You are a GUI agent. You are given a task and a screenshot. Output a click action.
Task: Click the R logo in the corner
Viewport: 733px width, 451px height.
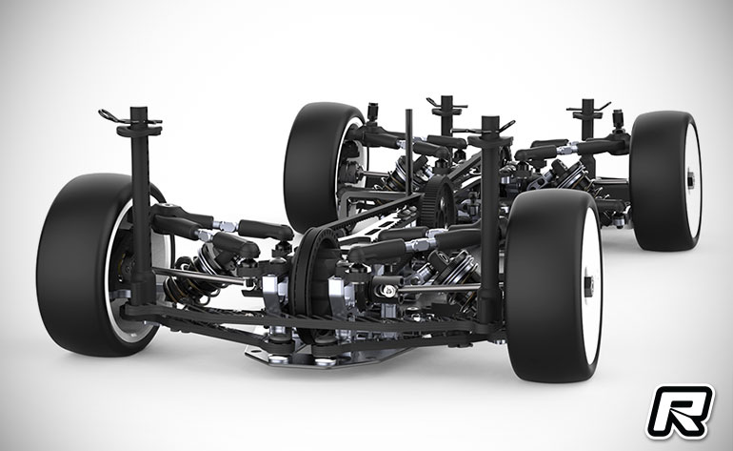pyautogui.click(x=681, y=412)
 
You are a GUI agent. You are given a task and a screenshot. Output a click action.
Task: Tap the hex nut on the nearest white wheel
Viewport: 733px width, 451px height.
pyautogui.click(x=588, y=283)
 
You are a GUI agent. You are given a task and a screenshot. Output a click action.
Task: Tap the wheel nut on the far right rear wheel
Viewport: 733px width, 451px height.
pyautogui.click(x=691, y=178)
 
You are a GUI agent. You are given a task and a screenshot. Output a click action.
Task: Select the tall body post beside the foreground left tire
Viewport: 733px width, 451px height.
pyautogui.click(x=140, y=206)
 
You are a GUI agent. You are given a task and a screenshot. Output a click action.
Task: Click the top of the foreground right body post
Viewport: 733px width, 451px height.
pyautogui.click(x=488, y=123)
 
